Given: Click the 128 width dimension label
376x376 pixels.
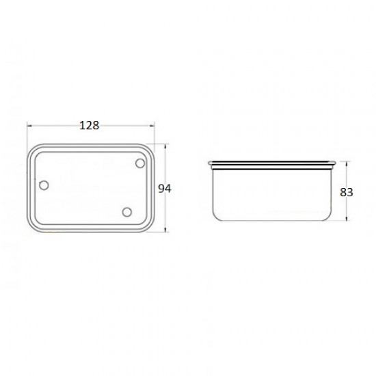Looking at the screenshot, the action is pos(89,125).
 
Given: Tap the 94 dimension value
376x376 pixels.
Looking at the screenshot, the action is pos(165,189).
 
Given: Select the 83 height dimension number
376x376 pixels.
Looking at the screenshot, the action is pos(347,192).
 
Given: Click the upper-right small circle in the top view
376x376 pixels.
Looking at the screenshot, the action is pos(140,163).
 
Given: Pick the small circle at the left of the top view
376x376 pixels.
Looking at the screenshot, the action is pos(44,185).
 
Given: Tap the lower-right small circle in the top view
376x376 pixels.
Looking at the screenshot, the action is pos(127,212).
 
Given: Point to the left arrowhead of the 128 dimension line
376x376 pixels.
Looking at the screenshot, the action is pos(29,125).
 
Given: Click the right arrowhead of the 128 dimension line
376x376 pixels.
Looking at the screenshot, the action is pos(152,125).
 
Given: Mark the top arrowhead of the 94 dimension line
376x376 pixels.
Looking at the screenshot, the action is pos(165,146).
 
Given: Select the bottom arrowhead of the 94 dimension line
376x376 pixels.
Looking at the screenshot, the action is pos(165,230).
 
